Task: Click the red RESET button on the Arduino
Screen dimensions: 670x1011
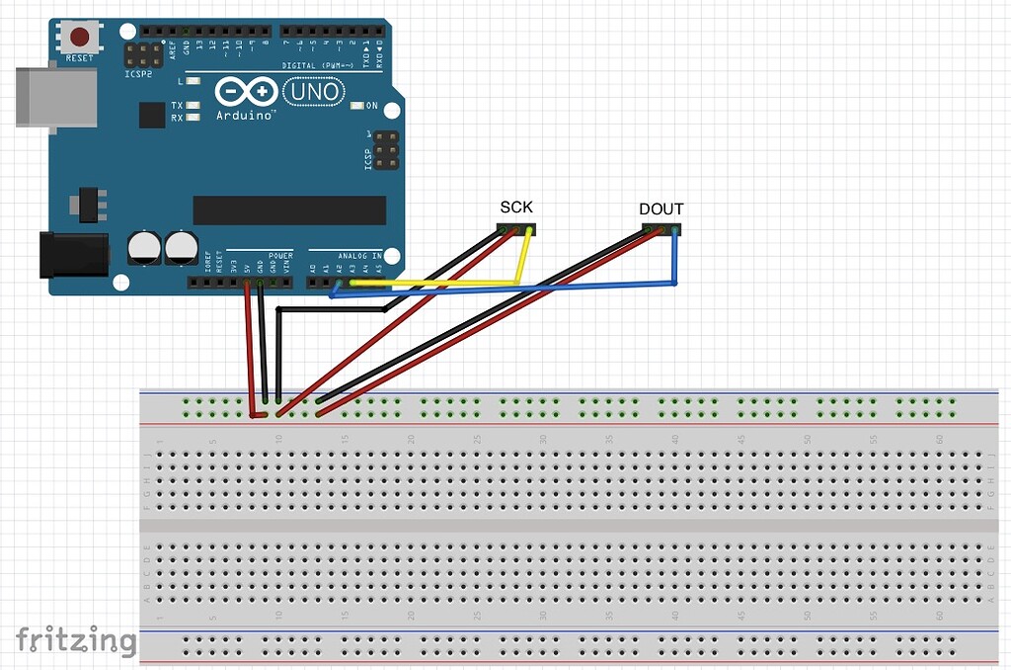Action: click(x=79, y=38)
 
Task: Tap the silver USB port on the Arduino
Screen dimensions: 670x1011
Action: click(x=56, y=96)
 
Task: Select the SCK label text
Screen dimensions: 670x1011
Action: click(x=516, y=207)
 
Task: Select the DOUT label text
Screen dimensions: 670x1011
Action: click(x=661, y=209)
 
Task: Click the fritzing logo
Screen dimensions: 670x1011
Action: click(x=76, y=640)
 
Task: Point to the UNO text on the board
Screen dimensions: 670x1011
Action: click(x=314, y=93)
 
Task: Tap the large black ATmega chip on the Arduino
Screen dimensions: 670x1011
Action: click(x=289, y=209)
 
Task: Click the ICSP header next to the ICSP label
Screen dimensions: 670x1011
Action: click(x=387, y=149)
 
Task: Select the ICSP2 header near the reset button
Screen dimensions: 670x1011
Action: click(x=144, y=54)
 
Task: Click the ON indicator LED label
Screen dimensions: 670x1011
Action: click(x=372, y=106)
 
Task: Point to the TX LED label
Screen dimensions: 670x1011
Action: click(x=177, y=105)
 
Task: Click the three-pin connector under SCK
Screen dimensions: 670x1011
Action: click(x=516, y=229)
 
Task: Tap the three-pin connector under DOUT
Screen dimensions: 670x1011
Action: click(x=661, y=230)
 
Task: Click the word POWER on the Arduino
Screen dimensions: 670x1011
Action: click(x=280, y=256)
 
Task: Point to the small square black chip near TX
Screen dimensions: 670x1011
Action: click(x=152, y=116)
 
